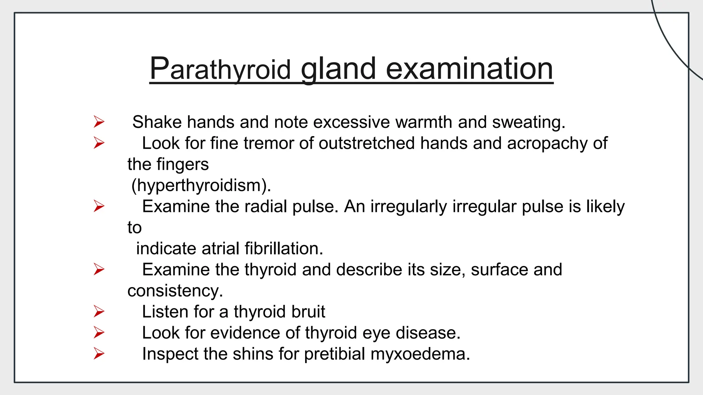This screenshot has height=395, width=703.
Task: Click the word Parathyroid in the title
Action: [220, 69]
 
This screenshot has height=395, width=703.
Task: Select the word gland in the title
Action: [338, 69]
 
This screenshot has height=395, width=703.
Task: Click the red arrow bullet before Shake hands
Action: [99, 122]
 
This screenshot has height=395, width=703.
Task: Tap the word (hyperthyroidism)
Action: [201, 185]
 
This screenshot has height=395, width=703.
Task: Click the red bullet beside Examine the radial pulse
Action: [99, 206]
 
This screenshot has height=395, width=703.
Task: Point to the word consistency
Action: [175, 291]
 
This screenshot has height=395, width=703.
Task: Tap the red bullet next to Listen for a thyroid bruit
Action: [99, 312]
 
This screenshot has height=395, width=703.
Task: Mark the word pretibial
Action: [335, 354]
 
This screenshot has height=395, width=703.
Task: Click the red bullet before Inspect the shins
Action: [99, 354]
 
